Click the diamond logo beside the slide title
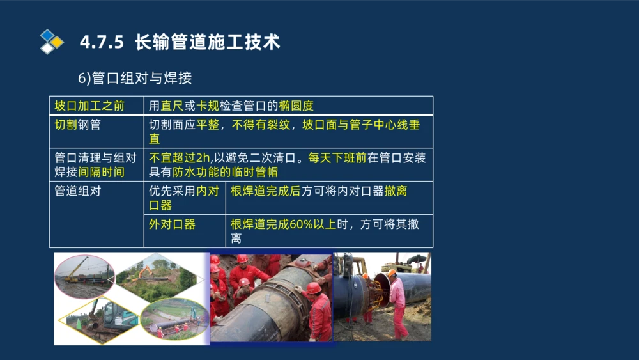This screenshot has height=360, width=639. click(52, 42)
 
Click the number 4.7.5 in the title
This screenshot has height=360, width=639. click(101, 43)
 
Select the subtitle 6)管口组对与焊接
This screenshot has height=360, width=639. click(134, 78)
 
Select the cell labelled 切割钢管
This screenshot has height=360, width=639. click(77, 125)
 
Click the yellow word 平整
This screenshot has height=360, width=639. click(207, 125)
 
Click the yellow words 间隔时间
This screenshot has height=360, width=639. click(101, 172)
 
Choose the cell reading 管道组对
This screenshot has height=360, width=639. click(77, 191)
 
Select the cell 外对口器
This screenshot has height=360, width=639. click(172, 224)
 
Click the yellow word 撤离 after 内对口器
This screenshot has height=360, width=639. click(396, 191)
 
